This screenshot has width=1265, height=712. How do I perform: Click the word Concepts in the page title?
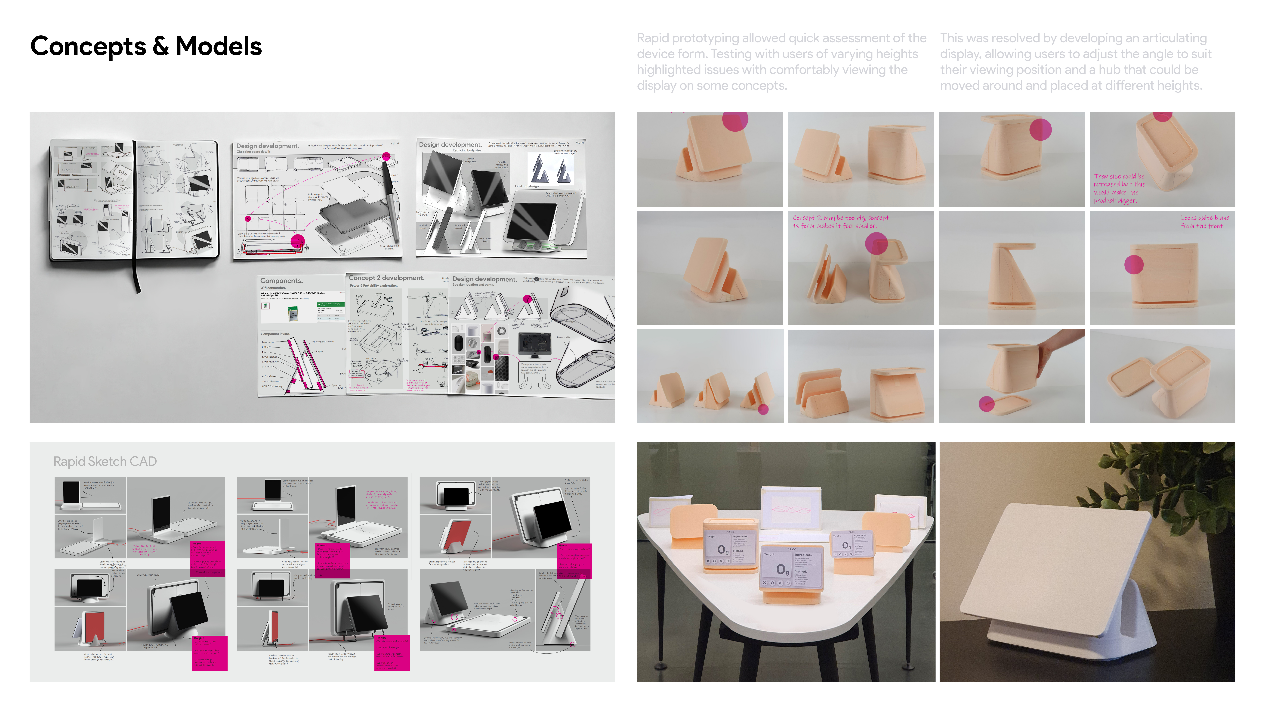point(88,47)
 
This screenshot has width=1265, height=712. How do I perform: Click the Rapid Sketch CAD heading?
point(105,461)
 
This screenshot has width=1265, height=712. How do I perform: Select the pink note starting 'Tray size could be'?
point(1119,188)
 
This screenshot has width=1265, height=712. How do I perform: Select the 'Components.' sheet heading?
point(281,281)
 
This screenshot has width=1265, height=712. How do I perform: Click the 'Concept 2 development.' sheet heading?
point(386,278)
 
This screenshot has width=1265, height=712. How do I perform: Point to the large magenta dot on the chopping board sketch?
point(298,241)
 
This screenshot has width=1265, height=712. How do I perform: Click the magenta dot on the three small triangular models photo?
point(763,409)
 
